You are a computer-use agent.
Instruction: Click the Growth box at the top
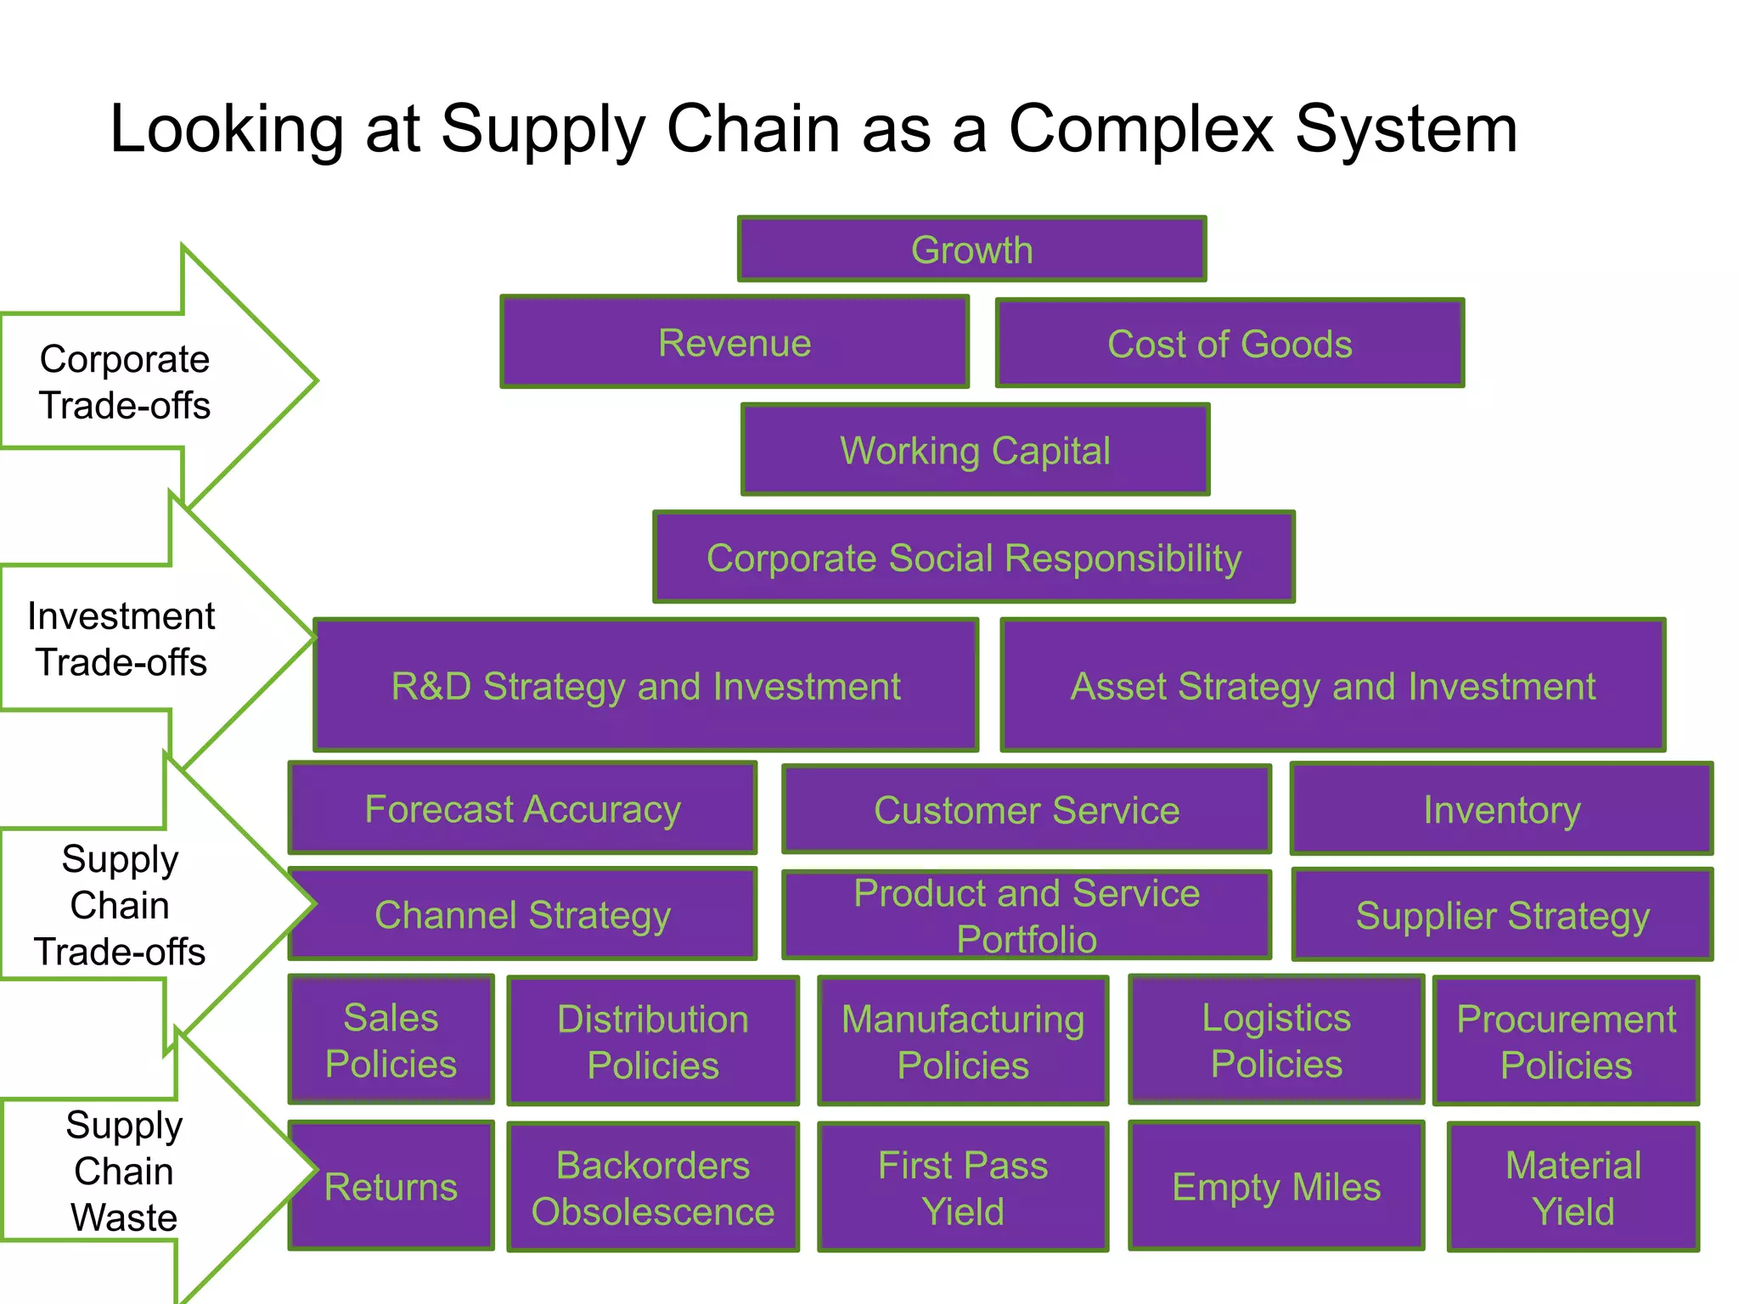tap(971, 250)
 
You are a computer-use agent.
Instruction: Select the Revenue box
tap(734, 343)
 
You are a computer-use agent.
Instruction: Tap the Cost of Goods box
tap(1230, 344)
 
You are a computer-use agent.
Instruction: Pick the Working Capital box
tap(975, 450)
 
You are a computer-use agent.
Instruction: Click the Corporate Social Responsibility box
tap(973, 558)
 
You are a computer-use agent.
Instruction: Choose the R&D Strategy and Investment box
tap(645, 686)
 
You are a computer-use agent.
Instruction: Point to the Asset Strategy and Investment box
tap(1332, 686)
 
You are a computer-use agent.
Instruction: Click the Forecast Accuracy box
tap(522, 809)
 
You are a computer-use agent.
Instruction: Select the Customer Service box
tap(1026, 810)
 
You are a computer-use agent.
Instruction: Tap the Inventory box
tap(1501, 810)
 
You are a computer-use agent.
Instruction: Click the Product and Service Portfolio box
tap(1026, 915)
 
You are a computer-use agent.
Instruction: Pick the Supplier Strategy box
tap(1501, 915)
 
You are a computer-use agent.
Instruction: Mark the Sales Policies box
tap(391, 1040)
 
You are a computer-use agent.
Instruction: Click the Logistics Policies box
tap(1275, 1040)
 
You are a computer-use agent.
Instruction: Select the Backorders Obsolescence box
tap(652, 1187)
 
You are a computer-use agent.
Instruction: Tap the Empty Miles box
tap(1275, 1187)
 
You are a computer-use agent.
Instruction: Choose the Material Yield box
tap(1573, 1187)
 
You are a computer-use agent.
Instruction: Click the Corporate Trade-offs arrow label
tap(125, 382)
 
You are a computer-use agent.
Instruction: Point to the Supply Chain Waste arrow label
tap(124, 1171)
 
